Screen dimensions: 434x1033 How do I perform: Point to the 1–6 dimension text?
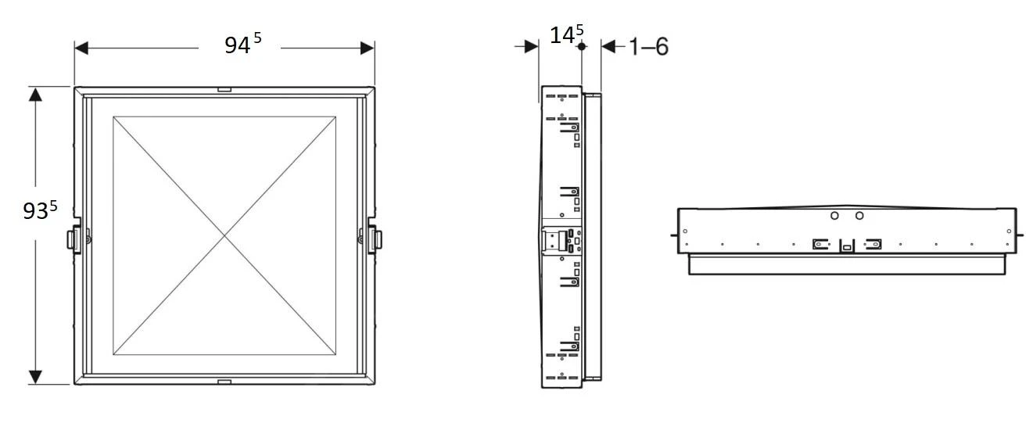click(648, 47)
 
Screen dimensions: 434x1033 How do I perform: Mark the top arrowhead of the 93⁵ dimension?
click(35, 95)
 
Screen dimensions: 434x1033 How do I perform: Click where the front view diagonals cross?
click(225, 235)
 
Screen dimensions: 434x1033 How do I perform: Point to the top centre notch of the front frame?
click(224, 90)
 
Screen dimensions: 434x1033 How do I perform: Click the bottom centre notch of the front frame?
click(224, 382)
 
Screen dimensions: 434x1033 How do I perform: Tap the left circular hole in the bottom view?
click(834, 216)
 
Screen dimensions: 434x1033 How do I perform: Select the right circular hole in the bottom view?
click(859, 216)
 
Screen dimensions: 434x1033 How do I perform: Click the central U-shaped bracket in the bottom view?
click(847, 246)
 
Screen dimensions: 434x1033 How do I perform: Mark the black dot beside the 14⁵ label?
click(581, 47)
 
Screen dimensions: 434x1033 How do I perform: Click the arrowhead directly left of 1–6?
click(608, 47)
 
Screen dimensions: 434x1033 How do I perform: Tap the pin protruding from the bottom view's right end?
click(1020, 233)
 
